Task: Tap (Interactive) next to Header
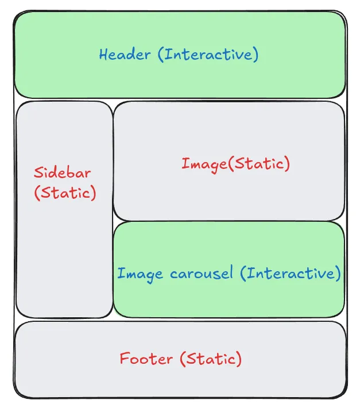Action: (x=208, y=55)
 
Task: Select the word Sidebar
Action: (x=62, y=173)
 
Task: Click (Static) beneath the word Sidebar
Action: (x=65, y=193)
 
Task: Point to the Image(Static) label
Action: (x=235, y=164)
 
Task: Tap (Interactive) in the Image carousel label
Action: (x=290, y=273)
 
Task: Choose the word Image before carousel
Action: (x=140, y=274)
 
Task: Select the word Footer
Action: (x=146, y=359)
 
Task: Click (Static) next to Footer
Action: (x=210, y=359)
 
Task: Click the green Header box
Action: (x=180, y=80)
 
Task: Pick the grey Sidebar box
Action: (x=64, y=259)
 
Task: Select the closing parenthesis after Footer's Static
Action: (x=239, y=360)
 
